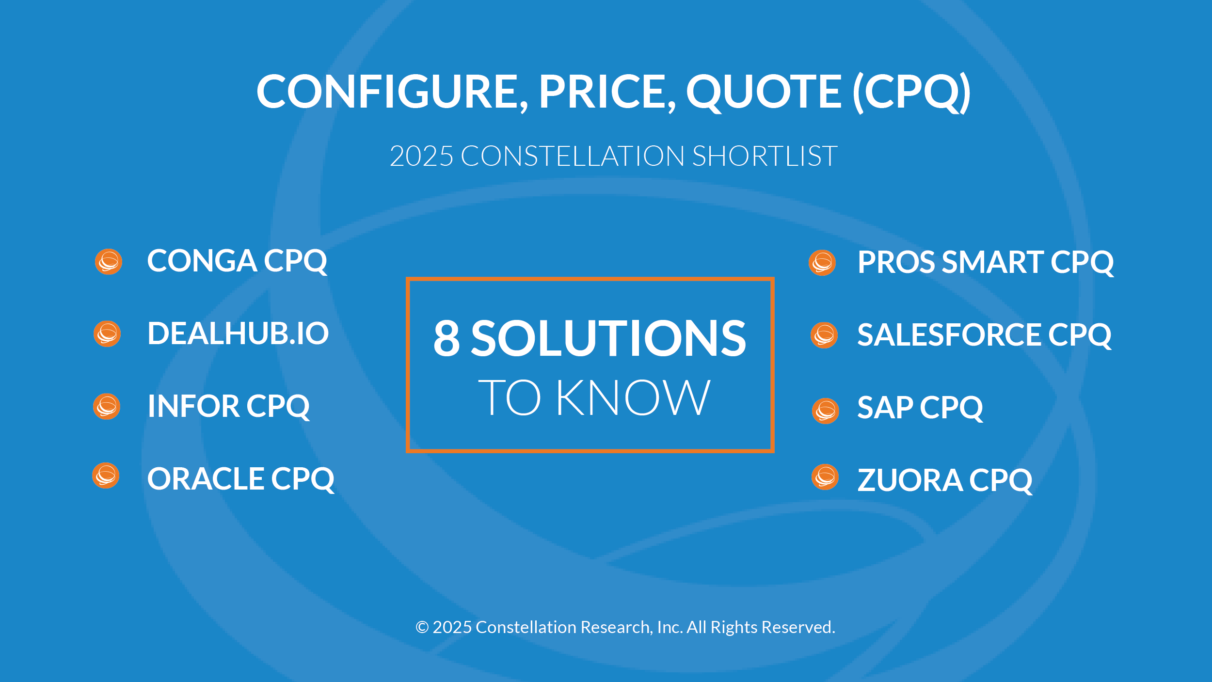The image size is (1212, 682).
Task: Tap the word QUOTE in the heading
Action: (x=764, y=93)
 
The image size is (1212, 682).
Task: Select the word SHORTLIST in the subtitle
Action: (x=765, y=156)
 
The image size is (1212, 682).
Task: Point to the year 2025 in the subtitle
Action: (x=421, y=156)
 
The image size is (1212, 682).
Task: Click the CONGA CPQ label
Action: (x=237, y=262)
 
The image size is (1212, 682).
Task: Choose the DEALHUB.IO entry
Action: (x=238, y=333)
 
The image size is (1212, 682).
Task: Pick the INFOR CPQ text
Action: (x=229, y=407)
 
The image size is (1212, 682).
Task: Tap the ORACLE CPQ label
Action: (x=241, y=479)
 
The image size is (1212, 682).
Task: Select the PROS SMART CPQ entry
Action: (x=986, y=263)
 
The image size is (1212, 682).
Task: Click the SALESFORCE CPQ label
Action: (x=984, y=335)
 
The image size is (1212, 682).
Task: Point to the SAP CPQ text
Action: (x=920, y=408)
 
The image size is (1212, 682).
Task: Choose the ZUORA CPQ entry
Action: (x=945, y=481)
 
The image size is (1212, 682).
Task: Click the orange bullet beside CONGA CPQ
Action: (x=109, y=262)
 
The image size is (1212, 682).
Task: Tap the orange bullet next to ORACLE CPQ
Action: (x=106, y=476)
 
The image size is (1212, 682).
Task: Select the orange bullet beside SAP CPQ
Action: (x=826, y=411)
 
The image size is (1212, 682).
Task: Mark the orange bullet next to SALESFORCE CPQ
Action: (x=824, y=335)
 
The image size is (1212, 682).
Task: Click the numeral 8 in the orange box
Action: (x=447, y=338)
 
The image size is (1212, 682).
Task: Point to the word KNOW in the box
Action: (x=633, y=397)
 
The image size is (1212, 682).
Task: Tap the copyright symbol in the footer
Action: (x=422, y=627)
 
